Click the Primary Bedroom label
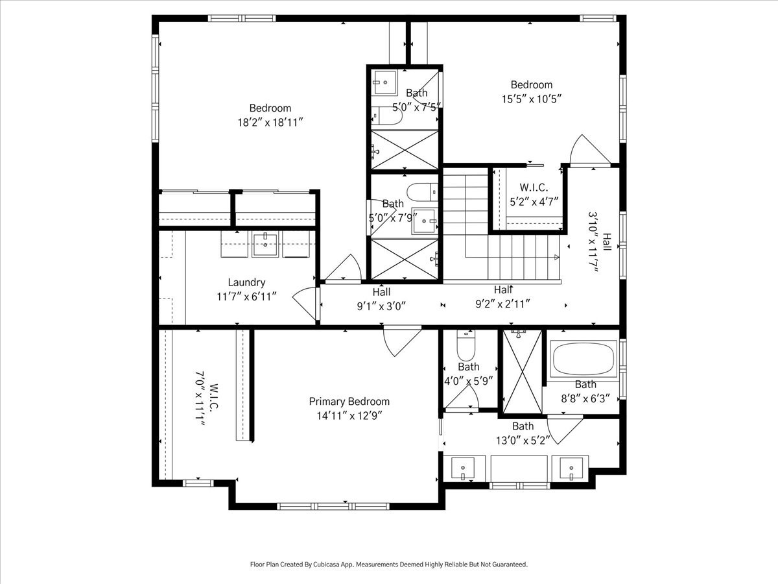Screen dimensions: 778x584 pos(349,402)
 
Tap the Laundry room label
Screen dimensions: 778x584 pos(246,282)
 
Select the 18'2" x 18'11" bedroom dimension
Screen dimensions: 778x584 pos(270,123)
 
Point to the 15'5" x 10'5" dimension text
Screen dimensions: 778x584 pos(531,99)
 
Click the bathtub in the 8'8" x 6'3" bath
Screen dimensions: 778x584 pos(583,359)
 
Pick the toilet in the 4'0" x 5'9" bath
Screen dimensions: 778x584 pos(466,345)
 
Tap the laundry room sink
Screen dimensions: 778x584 pos(265,244)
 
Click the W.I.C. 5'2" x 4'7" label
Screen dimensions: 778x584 pos(534,194)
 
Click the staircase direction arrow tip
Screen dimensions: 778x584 pos(559,257)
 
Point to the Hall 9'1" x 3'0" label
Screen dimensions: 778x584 pos(381,299)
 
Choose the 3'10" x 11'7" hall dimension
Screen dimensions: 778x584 pos(593,243)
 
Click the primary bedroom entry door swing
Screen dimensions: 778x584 pos(403,341)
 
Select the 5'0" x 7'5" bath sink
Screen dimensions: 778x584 pos(384,82)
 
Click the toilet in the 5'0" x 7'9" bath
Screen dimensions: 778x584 pos(422,192)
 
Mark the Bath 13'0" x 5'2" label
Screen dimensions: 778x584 pos(523,433)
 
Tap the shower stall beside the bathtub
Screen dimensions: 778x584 pos(523,372)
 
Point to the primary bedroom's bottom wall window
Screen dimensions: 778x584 pos(333,506)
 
